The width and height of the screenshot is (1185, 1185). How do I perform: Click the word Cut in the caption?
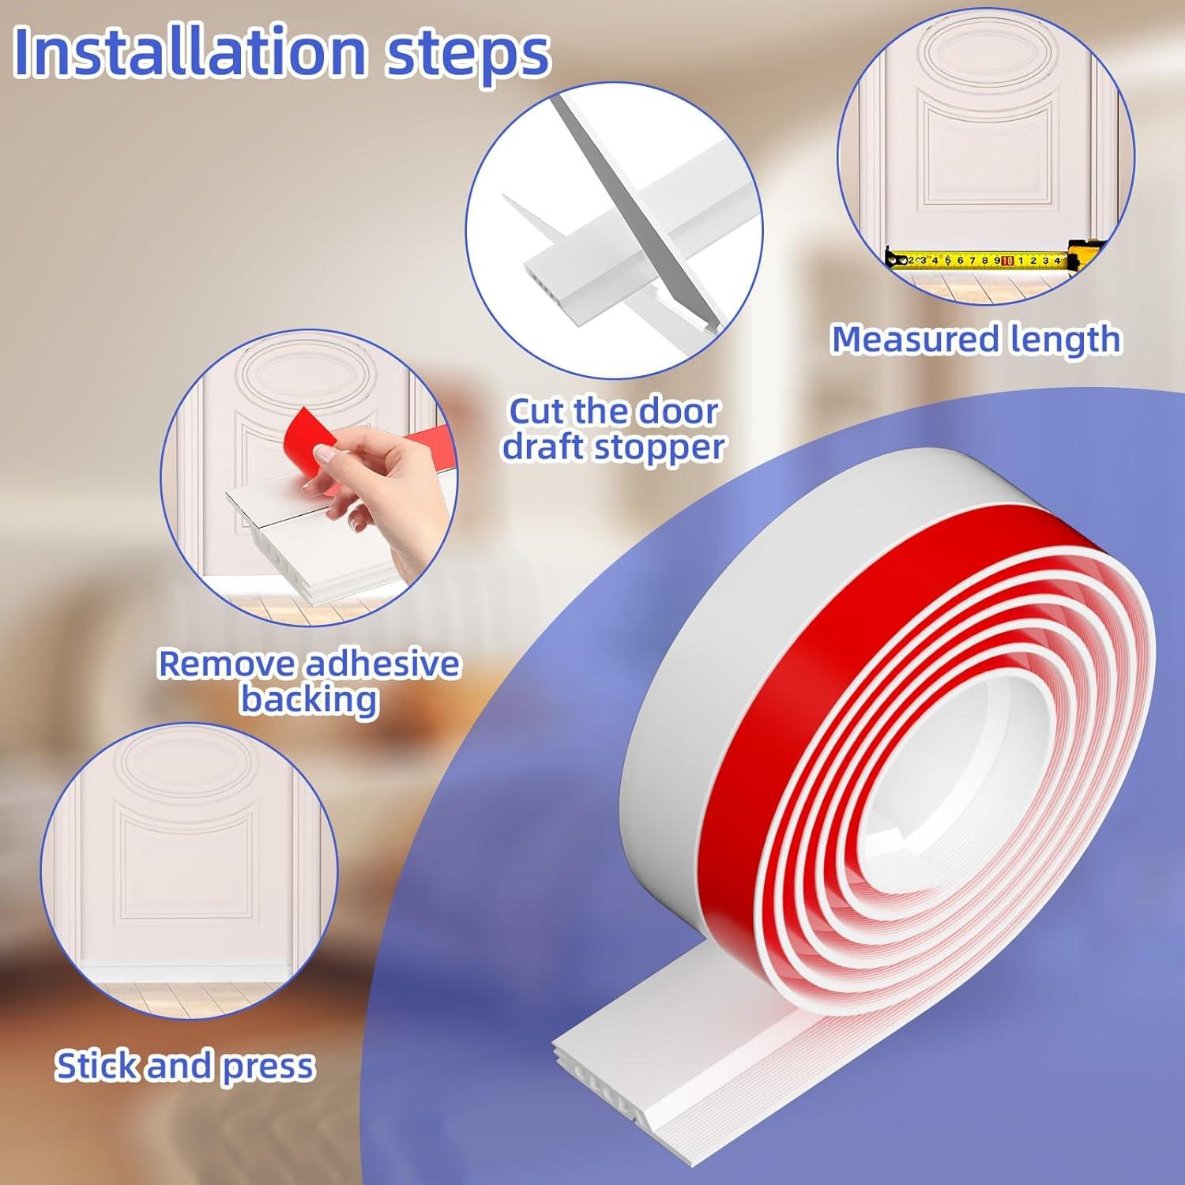tap(538, 412)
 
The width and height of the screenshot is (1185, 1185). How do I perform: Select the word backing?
tap(309, 699)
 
